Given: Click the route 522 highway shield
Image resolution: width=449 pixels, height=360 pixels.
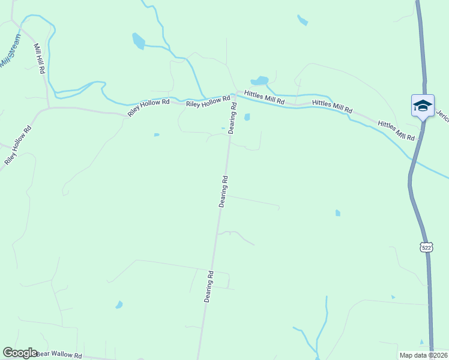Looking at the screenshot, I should point(426,247).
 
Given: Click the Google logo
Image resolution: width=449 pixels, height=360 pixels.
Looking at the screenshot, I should point(20,353).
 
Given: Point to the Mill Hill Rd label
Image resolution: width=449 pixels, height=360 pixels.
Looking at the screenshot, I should point(40,58).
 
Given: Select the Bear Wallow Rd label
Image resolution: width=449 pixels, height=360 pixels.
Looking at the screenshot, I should point(58,355).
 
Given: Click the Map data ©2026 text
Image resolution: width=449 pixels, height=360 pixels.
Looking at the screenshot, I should point(423,355).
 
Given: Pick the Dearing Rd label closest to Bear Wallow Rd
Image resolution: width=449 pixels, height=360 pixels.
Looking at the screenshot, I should point(209,286).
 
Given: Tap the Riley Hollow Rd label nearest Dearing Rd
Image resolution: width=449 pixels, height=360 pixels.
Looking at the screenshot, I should point(208,103).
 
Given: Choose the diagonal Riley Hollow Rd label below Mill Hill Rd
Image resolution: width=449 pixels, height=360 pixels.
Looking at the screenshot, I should point(18,146).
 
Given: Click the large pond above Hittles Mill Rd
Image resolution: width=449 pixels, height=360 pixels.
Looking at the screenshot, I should point(259,80).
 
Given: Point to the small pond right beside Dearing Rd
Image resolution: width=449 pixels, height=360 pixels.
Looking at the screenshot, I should point(247,117).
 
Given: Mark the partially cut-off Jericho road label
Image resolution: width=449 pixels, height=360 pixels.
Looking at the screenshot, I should point(443,115).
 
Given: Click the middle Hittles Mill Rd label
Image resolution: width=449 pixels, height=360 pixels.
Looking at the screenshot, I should point(332,106).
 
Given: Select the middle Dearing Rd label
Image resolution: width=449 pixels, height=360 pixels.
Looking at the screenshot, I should point(223,191).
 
